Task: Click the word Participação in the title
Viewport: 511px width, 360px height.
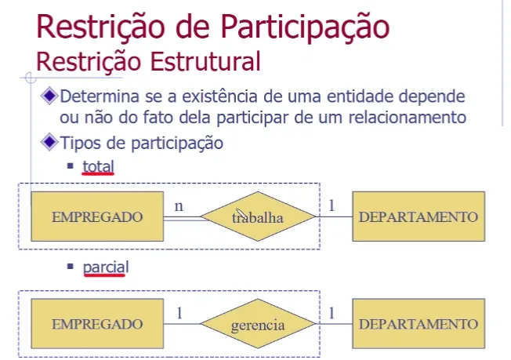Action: [x=305, y=28]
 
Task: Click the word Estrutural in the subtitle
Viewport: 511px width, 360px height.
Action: [x=205, y=61]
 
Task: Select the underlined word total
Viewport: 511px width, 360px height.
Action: [x=98, y=166]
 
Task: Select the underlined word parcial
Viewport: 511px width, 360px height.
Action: [x=106, y=267]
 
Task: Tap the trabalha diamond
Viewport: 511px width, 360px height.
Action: [x=258, y=216]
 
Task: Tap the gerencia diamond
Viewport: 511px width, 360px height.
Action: [x=258, y=324]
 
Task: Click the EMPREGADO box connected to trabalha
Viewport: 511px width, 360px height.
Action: [x=97, y=216]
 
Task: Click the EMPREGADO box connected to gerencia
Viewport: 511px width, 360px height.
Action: [x=97, y=324]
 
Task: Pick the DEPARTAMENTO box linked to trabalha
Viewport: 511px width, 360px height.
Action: [x=419, y=216]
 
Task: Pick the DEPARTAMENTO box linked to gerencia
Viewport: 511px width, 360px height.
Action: [x=419, y=324]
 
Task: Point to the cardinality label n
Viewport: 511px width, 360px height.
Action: [x=179, y=206]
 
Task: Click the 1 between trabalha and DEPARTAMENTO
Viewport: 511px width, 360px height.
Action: [x=332, y=205]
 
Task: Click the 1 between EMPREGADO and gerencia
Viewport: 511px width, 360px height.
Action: [x=179, y=313]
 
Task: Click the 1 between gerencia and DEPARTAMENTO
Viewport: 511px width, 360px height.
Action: [x=332, y=313]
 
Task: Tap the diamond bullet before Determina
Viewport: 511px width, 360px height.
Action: [x=49, y=96]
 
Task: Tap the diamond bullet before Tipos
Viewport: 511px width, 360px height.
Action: [x=49, y=142]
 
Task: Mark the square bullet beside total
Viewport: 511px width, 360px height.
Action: [x=70, y=166]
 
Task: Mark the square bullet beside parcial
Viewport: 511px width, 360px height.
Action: [x=70, y=267]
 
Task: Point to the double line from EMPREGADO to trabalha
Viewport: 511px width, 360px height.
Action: [x=185, y=219]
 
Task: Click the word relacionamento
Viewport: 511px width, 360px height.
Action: [x=408, y=118]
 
